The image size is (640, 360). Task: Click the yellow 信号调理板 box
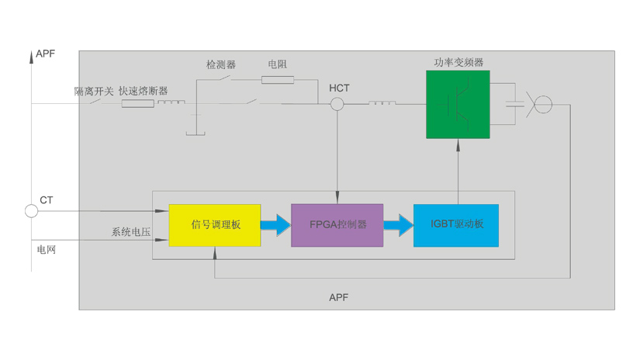pos(215,225)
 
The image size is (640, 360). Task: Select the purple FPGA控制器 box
pos(337,225)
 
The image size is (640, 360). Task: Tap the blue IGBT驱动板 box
pos(456,225)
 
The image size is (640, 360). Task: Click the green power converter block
pos(458,105)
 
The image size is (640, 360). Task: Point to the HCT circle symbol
pos(337,104)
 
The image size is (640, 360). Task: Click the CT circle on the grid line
pos(32,210)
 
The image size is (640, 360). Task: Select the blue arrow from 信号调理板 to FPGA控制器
pos(275,225)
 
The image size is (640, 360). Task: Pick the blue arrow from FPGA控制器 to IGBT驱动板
pos(398,225)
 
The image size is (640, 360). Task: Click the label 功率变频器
pos(458,62)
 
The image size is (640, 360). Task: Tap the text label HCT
pos(339,88)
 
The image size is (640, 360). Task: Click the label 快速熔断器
pos(143,91)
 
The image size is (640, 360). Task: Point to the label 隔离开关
pos(94,91)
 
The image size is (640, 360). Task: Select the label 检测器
pos(221,64)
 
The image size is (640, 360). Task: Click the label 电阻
pos(277,64)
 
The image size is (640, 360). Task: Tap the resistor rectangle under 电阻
pos(278,79)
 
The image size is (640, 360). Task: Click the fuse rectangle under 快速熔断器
pos(137,103)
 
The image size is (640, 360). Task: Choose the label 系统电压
pos(130,232)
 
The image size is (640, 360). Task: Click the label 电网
pos(47,250)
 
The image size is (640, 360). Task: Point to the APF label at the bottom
pos(339,297)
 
